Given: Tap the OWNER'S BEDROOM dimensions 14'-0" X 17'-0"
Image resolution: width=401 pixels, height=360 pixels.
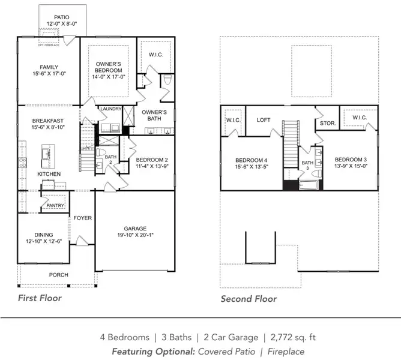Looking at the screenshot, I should (x=109, y=76).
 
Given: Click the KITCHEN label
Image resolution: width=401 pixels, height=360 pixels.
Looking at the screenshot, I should (x=50, y=173).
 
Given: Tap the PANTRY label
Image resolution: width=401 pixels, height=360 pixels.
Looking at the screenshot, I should (x=56, y=205).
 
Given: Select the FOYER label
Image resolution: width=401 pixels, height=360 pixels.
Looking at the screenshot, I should (x=82, y=218).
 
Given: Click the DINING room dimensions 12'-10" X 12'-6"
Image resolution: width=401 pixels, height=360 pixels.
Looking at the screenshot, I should (x=44, y=241).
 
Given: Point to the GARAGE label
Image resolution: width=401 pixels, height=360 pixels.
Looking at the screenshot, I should (x=135, y=228).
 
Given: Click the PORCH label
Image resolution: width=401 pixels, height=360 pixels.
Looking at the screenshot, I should (x=58, y=275).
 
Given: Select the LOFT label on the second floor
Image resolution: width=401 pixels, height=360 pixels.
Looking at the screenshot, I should (x=264, y=120).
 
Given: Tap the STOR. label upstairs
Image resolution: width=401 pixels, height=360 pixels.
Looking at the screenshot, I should (x=327, y=123).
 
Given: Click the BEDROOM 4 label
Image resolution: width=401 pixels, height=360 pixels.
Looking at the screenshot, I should (x=250, y=160).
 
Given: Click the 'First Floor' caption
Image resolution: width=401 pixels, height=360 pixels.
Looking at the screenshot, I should (x=39, y=298).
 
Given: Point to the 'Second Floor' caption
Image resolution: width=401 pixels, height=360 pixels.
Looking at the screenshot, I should (x=249, y=298).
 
